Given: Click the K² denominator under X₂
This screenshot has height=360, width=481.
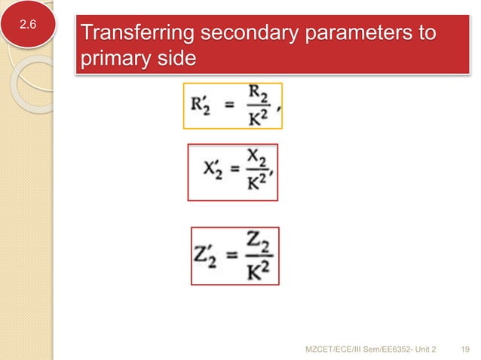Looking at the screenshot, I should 256,183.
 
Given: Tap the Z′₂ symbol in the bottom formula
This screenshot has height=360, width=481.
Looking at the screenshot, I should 207,258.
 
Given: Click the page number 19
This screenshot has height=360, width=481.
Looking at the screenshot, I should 464,348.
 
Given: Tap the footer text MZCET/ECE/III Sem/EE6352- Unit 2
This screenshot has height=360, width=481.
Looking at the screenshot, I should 372,348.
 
